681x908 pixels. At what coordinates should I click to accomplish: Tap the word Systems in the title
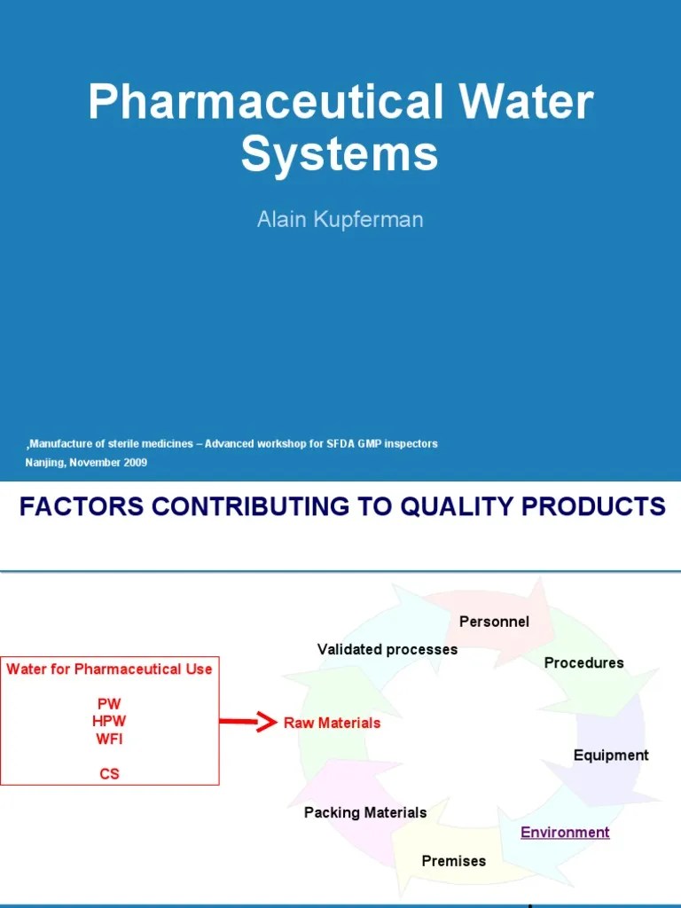(x=340, y=153)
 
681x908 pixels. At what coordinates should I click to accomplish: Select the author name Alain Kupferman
(x=340, y=219)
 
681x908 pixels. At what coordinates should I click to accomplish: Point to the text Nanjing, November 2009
(x=86, y=462)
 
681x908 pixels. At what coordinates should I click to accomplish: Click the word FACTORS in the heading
(x=75, y=506)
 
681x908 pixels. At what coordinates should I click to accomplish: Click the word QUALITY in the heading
(x=461, y=506)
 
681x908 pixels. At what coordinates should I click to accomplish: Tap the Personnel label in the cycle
(x=494, y=622)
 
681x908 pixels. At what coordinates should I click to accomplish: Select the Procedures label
(x=583, y=662)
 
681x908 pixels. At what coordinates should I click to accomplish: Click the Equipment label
(x=611, y=755)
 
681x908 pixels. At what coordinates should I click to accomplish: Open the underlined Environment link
(x=565, y=832)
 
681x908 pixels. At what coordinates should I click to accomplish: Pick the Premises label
(x=453, y=860)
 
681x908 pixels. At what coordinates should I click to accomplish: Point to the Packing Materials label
(x=365, y=812)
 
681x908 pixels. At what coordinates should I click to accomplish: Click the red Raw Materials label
(x=332, y=723)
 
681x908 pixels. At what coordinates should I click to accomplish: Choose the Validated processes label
(x=387, y=649)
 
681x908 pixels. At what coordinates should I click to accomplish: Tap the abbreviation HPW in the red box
(x=109, y=721)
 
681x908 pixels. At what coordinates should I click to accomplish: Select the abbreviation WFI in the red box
(x=109, y=738)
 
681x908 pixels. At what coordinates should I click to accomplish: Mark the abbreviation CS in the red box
(x=109, y=773)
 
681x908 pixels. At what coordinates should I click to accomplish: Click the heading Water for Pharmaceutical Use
(x=109, y=669)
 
